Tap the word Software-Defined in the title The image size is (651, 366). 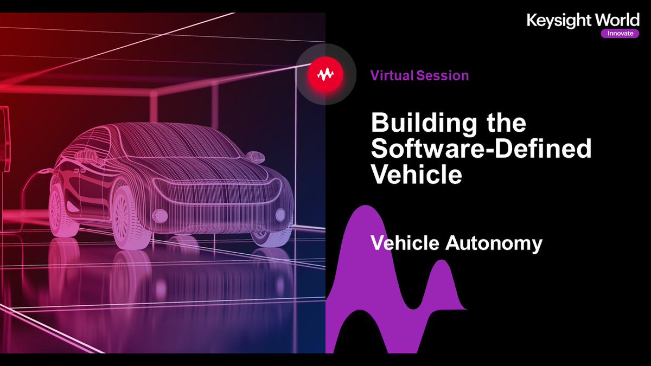[481, 150]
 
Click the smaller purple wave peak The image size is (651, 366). [442, 271]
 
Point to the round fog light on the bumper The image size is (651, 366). [280, 215]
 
